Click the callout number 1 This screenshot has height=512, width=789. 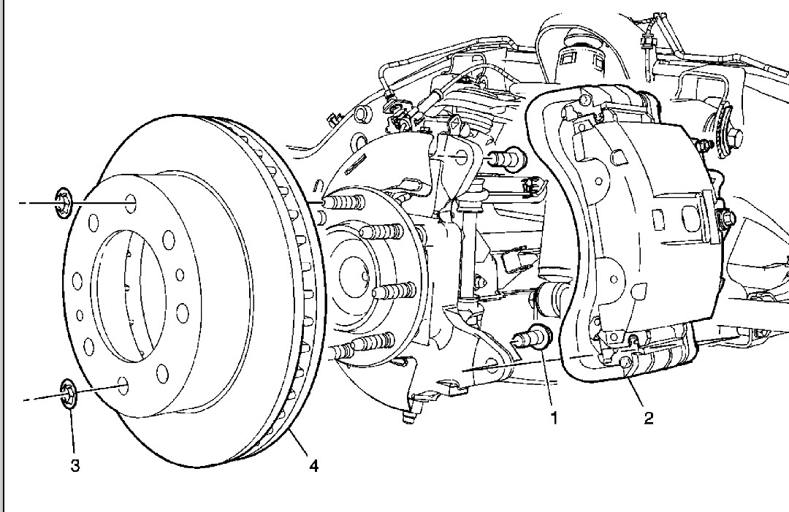click(554, 419)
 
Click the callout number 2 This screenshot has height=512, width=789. click(647, 419)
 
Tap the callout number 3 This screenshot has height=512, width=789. click(75, 465)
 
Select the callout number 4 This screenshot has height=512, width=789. click(313, 465)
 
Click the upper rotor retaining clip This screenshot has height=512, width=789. click(62, 202)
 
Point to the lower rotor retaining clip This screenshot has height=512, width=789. click(69, 395)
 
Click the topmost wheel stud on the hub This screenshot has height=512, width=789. click(343, 201)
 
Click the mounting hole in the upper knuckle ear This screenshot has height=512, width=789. click(458, 156)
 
